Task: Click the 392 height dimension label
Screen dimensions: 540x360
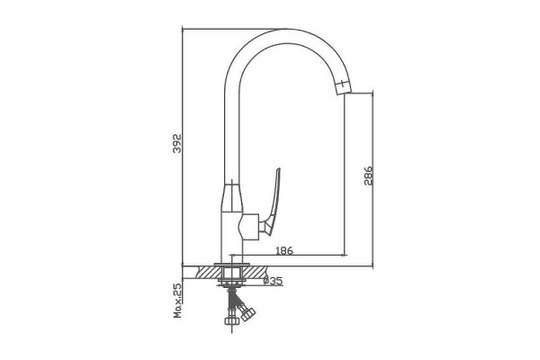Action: click(x=176, y=143)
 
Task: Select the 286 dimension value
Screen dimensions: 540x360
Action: click(x=368, y=175)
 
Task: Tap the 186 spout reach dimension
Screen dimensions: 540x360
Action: click(x=284, y=250)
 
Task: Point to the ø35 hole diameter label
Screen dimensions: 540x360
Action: click(x=273, y=281)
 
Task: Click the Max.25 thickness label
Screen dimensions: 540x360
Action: click(x=177, y=301)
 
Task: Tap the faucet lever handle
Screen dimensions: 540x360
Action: click(x=272, y=202)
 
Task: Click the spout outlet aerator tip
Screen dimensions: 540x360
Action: click(x=343, y=88)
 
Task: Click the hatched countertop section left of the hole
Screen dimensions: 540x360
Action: click(x=208, y=272)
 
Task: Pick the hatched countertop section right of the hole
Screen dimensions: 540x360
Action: click(x=256, y=272)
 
